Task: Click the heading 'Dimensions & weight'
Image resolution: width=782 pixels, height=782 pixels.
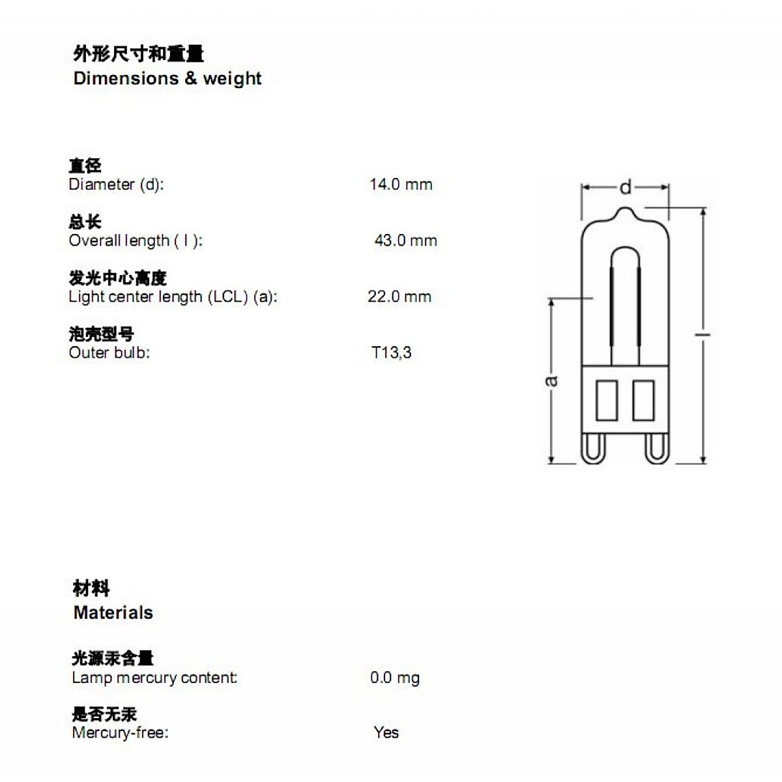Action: click(x=167, y=78)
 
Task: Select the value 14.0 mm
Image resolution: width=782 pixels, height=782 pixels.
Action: click(x=401, y=184)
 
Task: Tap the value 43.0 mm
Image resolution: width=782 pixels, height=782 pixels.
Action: click(x=405, y=240)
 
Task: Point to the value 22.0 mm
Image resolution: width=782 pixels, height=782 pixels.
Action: click(x=399, y=297)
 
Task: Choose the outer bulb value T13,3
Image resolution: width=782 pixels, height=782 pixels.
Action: click(x=392, y=353)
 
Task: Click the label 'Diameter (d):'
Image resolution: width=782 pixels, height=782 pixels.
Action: click(x=116, y=184)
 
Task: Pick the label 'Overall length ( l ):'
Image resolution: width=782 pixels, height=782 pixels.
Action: click(x=136, y=240)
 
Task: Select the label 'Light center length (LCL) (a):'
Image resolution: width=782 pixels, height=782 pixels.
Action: click(x=173, y=297)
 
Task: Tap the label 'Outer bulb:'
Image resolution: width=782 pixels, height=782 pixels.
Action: click(x=109, y=353)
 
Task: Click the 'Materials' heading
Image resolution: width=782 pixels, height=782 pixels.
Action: click(x=113, y=613)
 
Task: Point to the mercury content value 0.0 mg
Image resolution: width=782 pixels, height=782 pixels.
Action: click(x=395, y=678)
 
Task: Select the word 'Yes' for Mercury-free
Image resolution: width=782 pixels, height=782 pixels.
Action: click(x=386, y=732)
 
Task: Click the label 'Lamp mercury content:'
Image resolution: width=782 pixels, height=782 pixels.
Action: click(x=154, y=678)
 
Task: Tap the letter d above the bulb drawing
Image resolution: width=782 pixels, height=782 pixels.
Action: click(x=626, y=188)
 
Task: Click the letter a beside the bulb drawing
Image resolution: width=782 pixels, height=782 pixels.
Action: click(x=551, y=380)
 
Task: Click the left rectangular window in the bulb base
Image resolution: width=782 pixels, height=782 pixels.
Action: click(x=607, y=400)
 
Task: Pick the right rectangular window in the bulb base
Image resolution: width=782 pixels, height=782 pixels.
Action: click(x=643, y=400)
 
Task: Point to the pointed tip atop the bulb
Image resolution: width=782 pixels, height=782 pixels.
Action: click(x=625, y=211)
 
